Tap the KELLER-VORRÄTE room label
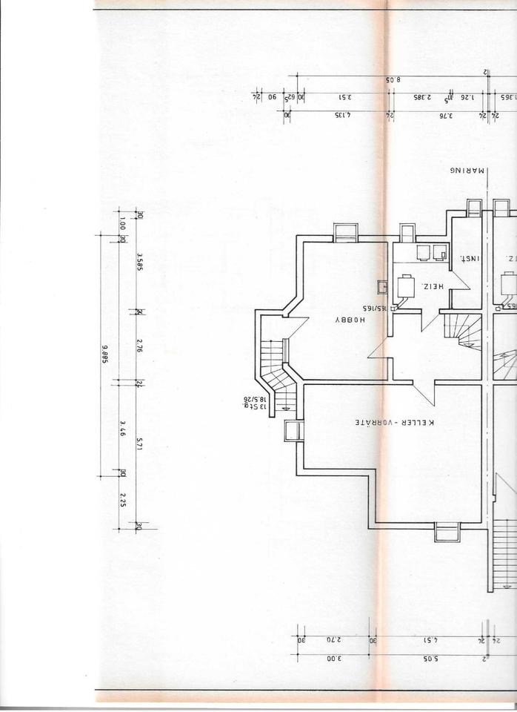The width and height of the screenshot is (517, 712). click(x=393, y=423)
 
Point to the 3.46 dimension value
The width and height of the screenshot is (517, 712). click(x=121, y=428)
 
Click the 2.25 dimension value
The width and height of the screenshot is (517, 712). click(x=121, y=500)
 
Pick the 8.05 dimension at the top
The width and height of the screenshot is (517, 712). click(x=393, y=79)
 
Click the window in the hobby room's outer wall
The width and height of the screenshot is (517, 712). click(x=346, y=232)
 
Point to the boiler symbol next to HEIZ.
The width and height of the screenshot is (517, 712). click(x=405, y=286)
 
